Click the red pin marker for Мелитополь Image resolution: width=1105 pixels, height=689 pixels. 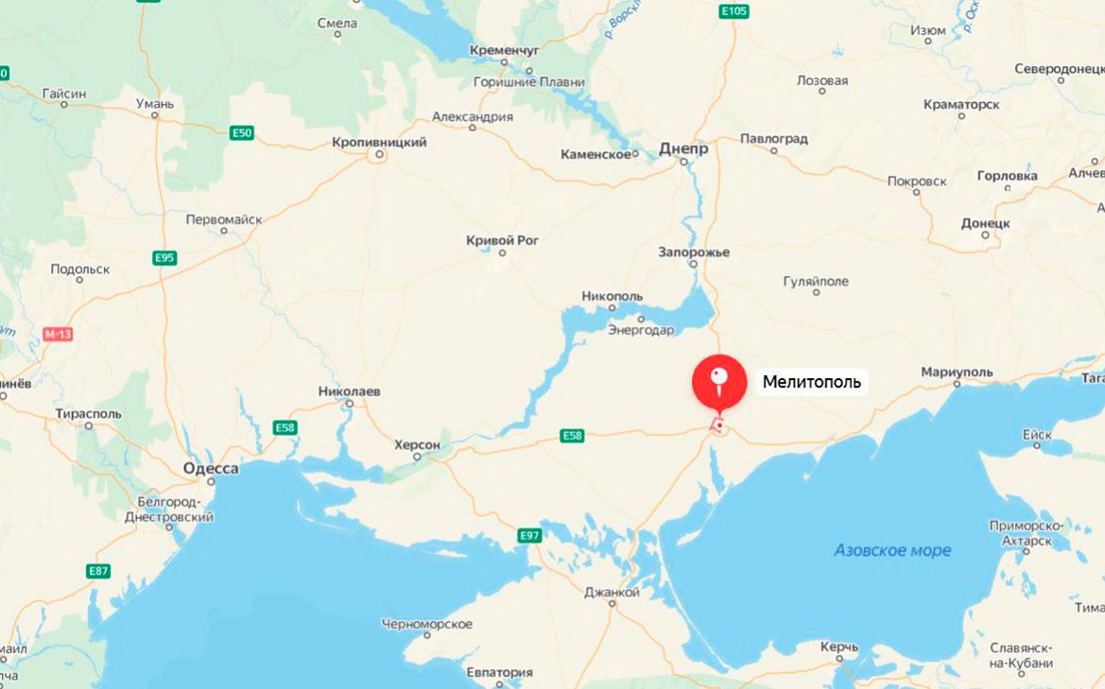click(x=719, y=382)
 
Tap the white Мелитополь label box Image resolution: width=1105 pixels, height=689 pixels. click(x=812, y=383)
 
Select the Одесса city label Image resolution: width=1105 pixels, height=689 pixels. click(x=211, y=469)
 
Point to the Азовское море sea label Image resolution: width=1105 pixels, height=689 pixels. click(x=892, y=550)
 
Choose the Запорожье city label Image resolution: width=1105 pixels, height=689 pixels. click(x=694, y=252)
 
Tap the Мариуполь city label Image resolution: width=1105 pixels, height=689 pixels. click(x=957, y=372)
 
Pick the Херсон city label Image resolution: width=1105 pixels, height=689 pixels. click(x=417, y=444)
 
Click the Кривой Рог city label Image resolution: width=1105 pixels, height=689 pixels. click(x=503, y=240)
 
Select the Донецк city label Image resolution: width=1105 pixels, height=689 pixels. click(x=986, y=224)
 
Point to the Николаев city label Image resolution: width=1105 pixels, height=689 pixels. click(x=349, y=391)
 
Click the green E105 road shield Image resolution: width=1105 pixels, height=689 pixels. click(x=734, y=11)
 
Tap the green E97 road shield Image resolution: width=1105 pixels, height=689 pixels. click(x=529, y=536)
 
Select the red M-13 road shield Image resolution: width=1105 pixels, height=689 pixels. click(x=58, y=335)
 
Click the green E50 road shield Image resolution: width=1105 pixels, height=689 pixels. click(x=242, y=133)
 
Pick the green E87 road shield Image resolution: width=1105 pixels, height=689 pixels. click(x=98, y=571)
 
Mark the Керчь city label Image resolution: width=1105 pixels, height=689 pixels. click(x=838, y=647)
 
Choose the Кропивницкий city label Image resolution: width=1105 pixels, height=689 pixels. click(x=379, y=143)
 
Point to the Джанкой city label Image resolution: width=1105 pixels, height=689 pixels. click(x=612, y=593)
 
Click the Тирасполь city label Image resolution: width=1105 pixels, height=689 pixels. click(x=89, y=414)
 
